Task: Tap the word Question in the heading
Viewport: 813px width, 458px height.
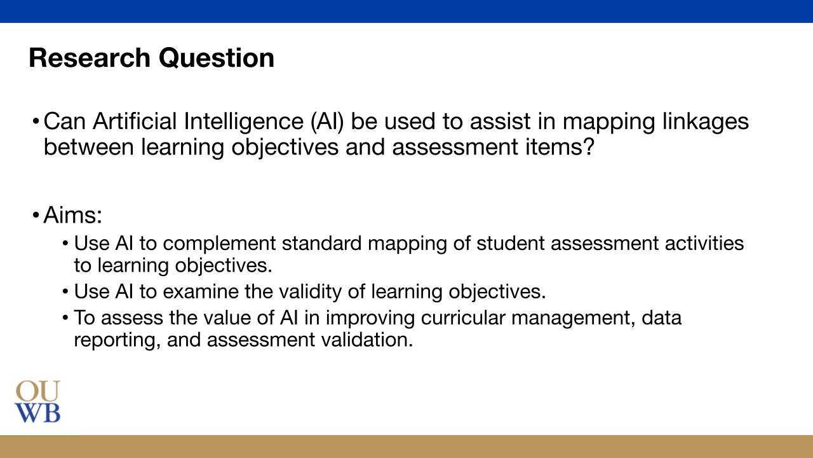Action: pyautogui.click(x=217, y=58)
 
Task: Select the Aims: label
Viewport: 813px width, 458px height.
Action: pyautogui.click(x=73, y=215)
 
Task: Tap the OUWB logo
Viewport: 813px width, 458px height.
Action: pyautogui.click(x=38, y=402)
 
